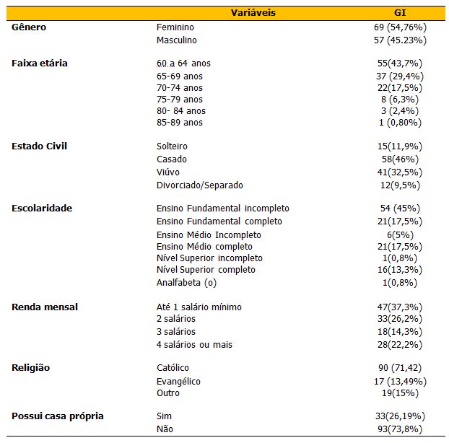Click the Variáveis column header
tap(253, 12)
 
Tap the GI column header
tap(400, 12)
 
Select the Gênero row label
tap(29, 27)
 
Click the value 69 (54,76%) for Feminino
tap(400, 27)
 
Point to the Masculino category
tap(176, 40)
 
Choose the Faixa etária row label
tap(40, 63)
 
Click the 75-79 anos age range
tap(180, 100)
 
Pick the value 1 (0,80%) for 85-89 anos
tap(400, 123)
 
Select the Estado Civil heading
tap(39, 146)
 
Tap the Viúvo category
tap(167, 172)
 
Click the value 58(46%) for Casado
tap(400, 159)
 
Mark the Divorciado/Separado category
tap(199, 185)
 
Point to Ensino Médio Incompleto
tap(209, 235)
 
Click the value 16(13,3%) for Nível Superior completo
tap(400, 270)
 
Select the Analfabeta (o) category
tap(186, 283)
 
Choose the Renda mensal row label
tap(45, 307)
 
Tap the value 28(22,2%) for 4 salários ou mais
tap(400, 345)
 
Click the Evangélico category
tap(178, 382)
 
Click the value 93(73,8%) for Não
tap(400, 429)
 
